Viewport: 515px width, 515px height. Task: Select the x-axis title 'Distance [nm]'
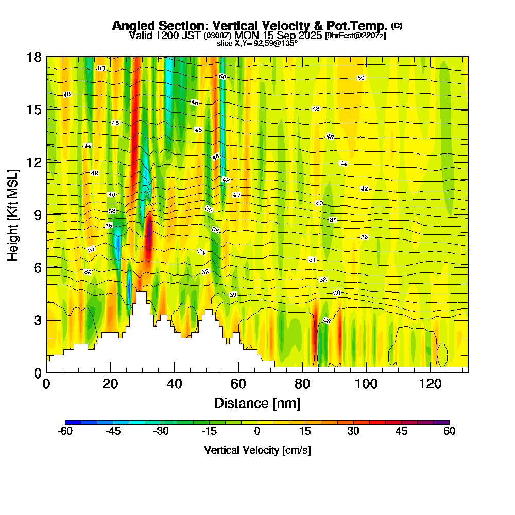pos(257,403)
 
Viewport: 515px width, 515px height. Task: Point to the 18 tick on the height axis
pos(34,57)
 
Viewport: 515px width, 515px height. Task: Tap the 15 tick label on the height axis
pos(34,109)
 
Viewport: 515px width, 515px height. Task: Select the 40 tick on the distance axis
pos(175,384)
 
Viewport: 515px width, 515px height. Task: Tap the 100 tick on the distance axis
pos(366,384)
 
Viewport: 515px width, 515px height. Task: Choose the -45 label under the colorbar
pos(113,432)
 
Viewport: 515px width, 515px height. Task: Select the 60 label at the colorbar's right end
pos(449,432)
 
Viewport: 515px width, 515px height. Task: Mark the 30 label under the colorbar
pos(353,432)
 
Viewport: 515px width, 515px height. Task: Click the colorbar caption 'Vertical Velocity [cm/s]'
pos(257,450)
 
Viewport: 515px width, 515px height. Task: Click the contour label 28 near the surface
pos(327,321)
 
